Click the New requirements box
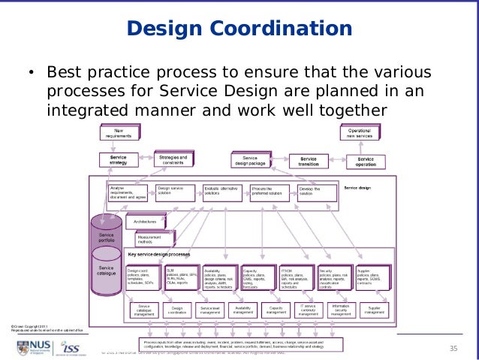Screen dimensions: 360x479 (x=119, y=134)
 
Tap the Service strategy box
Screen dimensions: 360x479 (x=118, y=160)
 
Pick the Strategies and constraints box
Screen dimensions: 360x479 (x=173, y=159)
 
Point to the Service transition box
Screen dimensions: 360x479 (x=308, y=160)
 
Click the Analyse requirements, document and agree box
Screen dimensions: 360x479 (x=128, y=191)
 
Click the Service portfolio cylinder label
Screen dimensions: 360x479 (x=107, y=237)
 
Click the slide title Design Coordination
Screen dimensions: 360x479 (x=239, y=29)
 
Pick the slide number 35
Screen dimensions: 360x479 (x=453, y=347)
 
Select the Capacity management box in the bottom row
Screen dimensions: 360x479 (x=275, y=310)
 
